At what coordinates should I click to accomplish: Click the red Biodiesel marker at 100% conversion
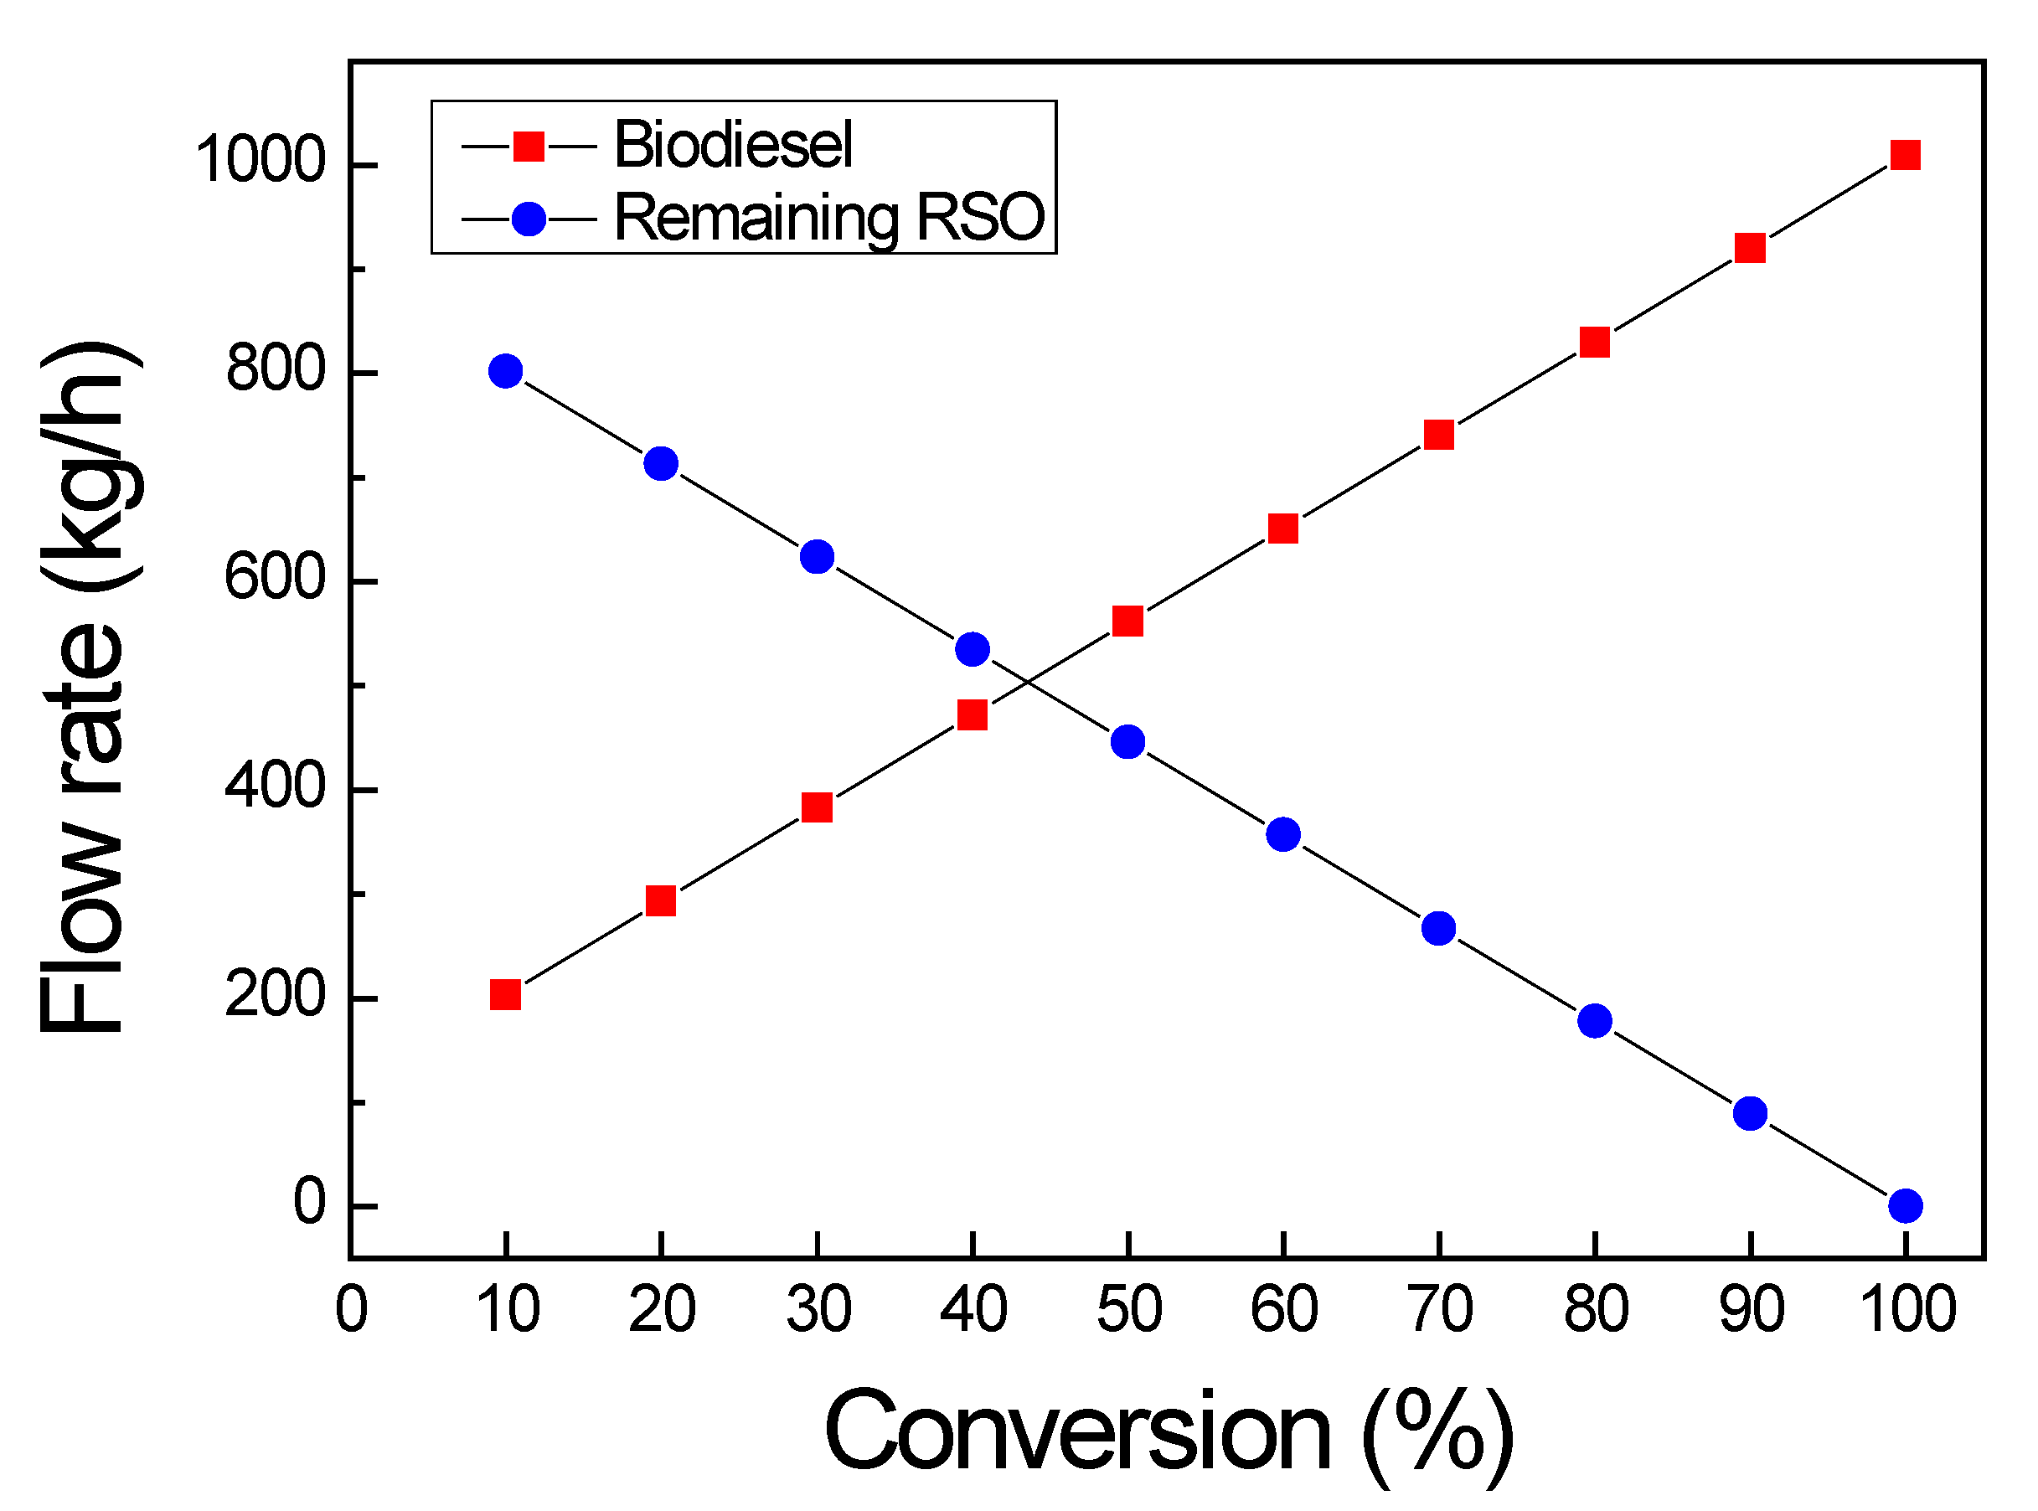1906,156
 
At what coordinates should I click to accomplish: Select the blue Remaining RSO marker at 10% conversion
506,371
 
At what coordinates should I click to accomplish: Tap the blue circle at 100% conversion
1906,1205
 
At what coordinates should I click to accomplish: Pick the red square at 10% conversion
506,994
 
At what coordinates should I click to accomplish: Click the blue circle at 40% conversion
973,649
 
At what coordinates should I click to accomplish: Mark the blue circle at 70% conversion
1439,928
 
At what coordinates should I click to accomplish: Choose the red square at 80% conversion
1595,342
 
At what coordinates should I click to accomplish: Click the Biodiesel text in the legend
733,145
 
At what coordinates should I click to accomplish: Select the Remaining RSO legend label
828,218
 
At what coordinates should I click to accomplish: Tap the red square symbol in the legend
529,146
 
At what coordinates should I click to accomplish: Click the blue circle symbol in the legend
529,219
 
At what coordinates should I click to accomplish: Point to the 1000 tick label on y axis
261,160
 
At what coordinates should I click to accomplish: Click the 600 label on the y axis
276,578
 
